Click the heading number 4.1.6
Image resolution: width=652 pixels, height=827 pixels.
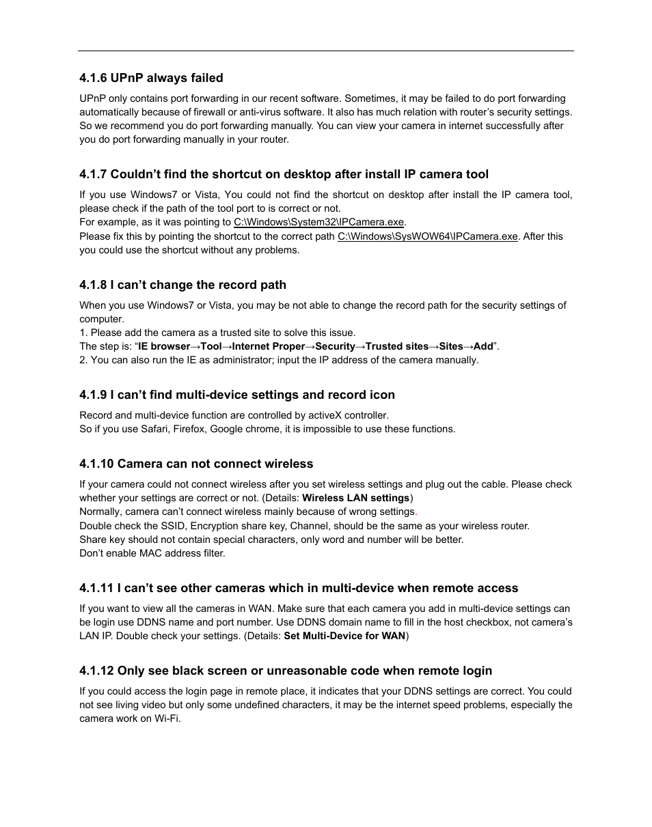coord(93,78)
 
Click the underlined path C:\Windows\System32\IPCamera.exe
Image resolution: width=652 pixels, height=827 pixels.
coord(319,223)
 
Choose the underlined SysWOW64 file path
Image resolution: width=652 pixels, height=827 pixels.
coord(427,236)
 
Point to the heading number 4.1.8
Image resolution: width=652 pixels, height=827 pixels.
coord(93,285)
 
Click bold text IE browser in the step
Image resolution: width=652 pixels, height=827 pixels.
coord(164,346)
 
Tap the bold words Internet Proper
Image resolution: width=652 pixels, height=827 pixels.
coord(269,346)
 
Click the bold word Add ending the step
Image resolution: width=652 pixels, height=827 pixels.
coord(483,346)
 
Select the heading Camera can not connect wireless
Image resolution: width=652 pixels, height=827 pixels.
coord(215,464)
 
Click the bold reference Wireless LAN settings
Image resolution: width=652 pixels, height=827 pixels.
coord(355,498)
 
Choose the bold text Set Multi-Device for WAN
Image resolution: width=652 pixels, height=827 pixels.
coord(344,636)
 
